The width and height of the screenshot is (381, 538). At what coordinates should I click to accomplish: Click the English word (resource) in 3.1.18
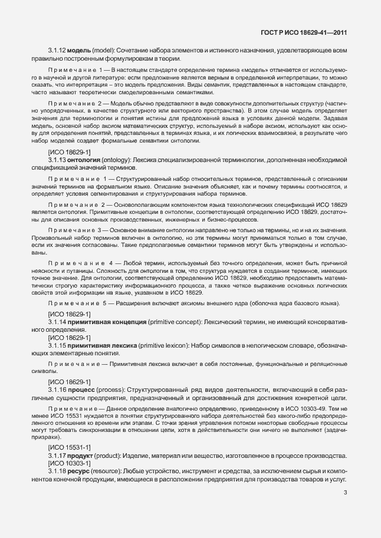click(x=107, y=473)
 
